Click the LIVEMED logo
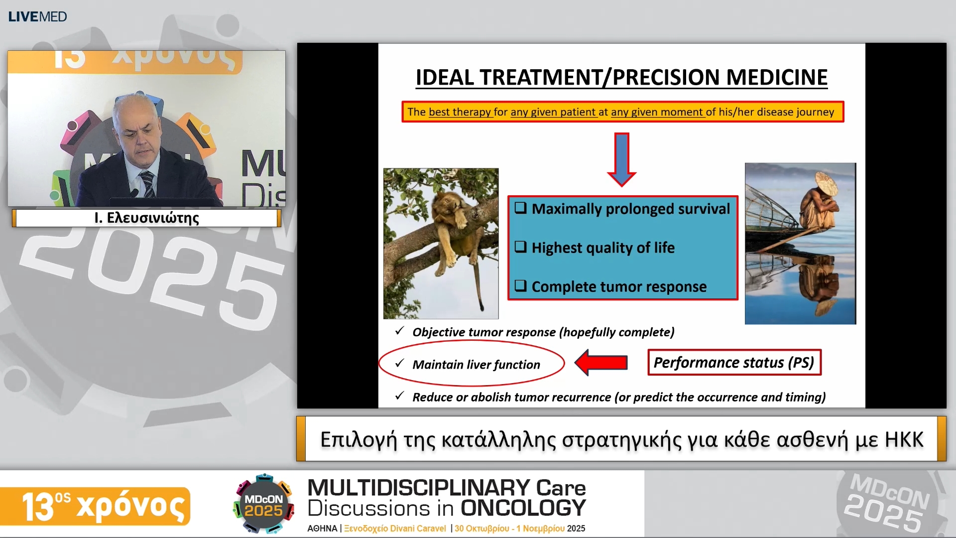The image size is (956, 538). point(37,16)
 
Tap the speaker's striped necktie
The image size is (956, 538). point(147,184)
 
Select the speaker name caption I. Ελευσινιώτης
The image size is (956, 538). point(146,218)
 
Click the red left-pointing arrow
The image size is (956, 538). point(601,362)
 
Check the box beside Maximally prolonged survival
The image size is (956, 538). point(520,208)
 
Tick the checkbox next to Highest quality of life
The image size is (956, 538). point(520,247)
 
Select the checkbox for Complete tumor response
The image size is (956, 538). point(520,285)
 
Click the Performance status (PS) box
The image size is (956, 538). point(734,362)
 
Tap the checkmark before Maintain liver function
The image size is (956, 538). point(399,363)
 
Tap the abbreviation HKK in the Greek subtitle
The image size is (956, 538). point(904,439)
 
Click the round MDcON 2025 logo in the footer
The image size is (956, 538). point(263,504)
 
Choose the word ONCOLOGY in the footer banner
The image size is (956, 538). point(523,508)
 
